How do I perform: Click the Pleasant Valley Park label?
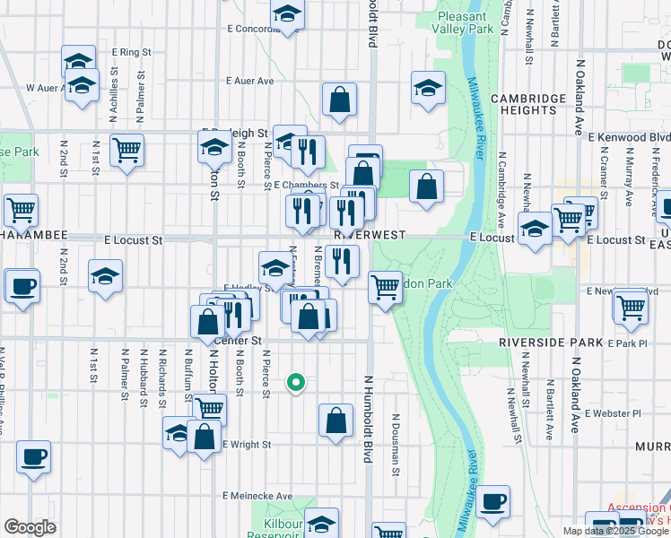(466, 22)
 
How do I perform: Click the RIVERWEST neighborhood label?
(370, 234)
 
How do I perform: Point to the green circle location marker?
(296, 383)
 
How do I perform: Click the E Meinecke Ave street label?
(259, 496)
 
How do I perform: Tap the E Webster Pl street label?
(613, 413)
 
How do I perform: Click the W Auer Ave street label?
(43, 88)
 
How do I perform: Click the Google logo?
(30, 527)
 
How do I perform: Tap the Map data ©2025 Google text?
(610, 531)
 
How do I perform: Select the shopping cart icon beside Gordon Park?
(385, 287)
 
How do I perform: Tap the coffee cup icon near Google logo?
(33, 456)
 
